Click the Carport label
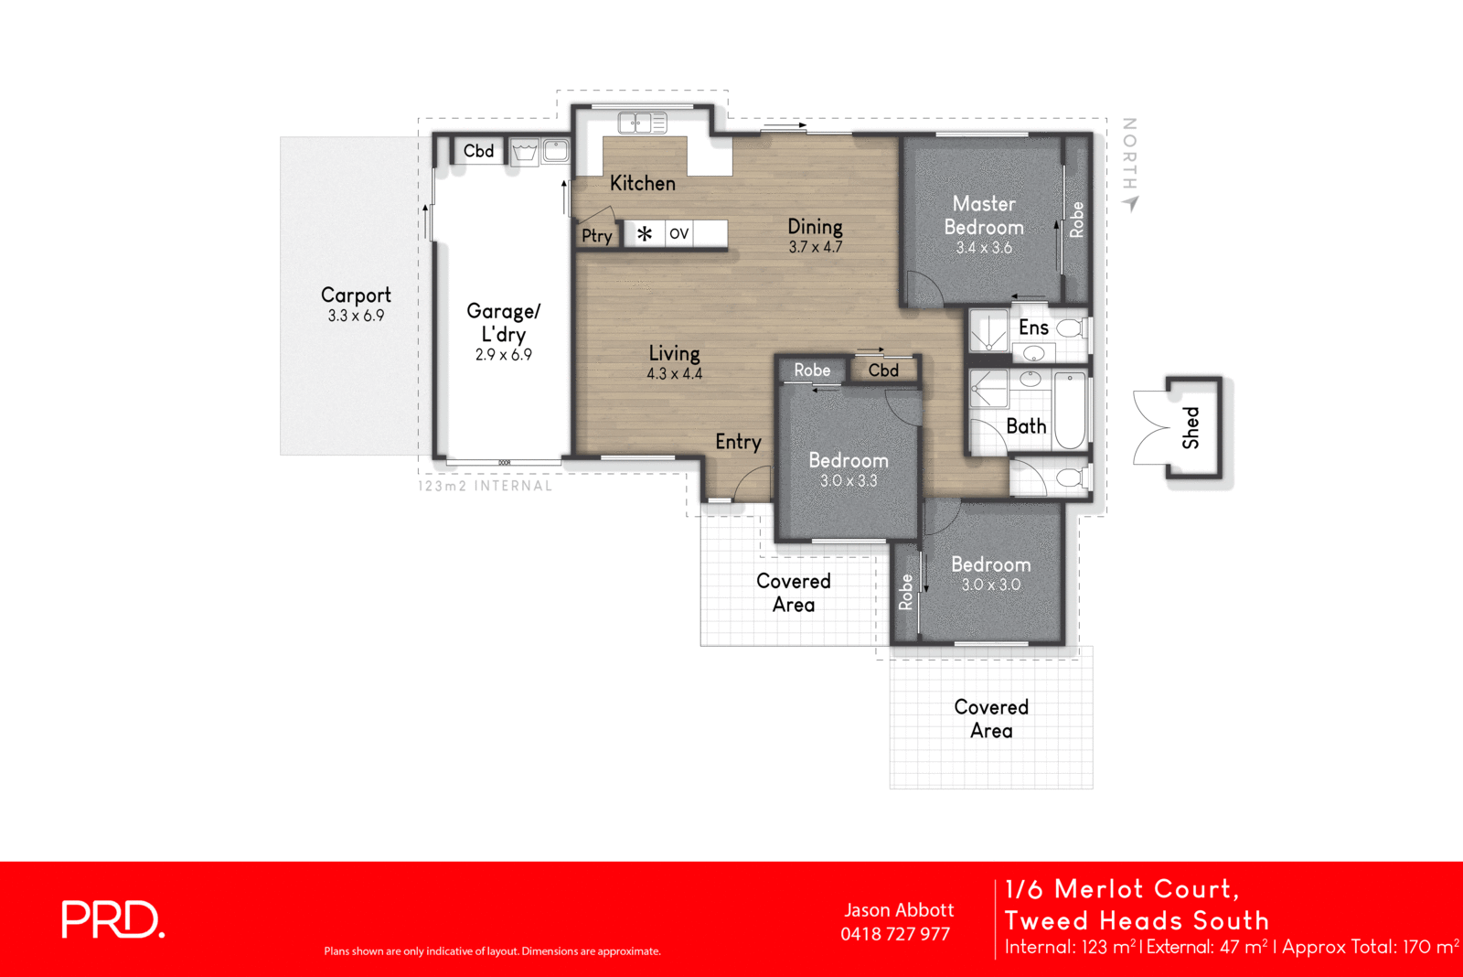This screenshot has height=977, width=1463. [356, 295]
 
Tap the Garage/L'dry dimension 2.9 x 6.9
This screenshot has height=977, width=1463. [503, 355]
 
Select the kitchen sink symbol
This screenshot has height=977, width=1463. [642, 123]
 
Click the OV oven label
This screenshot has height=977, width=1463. [678, 234]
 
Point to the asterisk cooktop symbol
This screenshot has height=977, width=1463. [645, 234]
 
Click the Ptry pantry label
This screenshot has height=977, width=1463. [597, 236]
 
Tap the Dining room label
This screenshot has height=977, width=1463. [815, 226]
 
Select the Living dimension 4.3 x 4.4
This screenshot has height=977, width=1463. [674, 374]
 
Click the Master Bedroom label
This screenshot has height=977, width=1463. [984, 216]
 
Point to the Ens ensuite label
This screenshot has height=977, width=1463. [1033, 327]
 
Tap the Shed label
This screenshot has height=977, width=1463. [1191, 427]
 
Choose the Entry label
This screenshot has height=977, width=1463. [738, 443]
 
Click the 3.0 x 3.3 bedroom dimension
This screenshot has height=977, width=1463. [848, 481]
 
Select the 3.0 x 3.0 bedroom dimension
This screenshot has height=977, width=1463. [990, 585]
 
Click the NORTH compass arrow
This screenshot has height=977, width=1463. [1132, 203]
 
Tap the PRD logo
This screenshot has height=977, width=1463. [112, 919]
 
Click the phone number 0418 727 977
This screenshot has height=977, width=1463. [895, 934]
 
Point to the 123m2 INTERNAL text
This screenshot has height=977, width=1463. [485, 486]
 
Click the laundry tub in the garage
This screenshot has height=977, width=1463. [524, 152]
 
